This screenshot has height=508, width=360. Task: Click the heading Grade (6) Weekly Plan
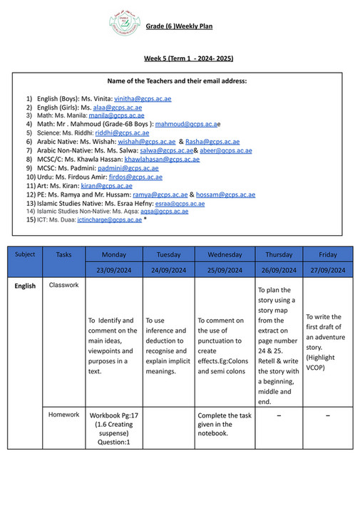click(x=179, y=27)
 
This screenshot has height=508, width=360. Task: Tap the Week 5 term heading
click(x=185, y=58)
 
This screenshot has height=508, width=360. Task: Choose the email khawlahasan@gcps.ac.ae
click(x=162, y=159)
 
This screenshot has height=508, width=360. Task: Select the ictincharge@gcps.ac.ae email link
click(x=109, y=220)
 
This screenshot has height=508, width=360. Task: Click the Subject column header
click(x=24, y=254)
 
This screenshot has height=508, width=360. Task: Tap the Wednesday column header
click(x=225, y=254)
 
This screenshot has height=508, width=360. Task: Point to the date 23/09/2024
click(x=114, y=270)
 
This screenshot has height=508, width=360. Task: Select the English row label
click(x=25, y=286)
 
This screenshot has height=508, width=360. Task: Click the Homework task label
click(x=64, y=415)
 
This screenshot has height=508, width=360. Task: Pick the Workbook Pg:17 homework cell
click(x=114, y=428)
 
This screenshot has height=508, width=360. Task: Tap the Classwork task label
click(x=64, y=285)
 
